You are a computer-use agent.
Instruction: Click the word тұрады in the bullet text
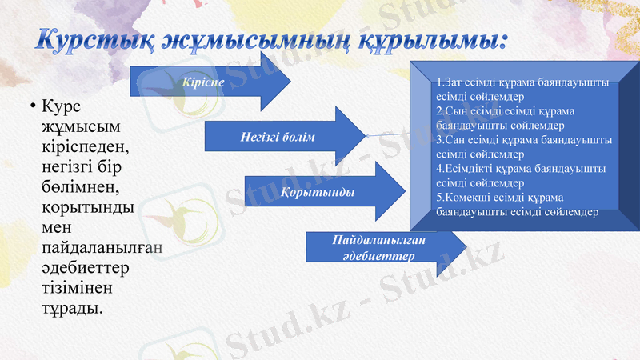pyautogui.click(x=72, y=307)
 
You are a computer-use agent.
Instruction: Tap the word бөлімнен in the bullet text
pyautogui.click(x=80, y=187)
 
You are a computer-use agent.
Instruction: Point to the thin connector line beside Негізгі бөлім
pyautogui.click(x=388, y=135)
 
